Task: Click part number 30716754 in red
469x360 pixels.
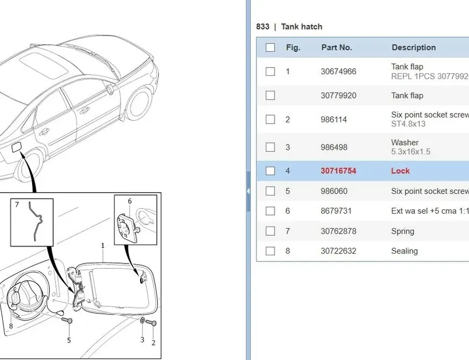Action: pyautogui.click(x=338, y=171)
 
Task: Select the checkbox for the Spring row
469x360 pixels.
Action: pyautogui.click(x=270, y=231)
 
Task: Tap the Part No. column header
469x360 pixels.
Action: pyautogui.click(x=336, y=48)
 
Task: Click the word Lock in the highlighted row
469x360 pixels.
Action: pyautogui.click(x=400, y=171)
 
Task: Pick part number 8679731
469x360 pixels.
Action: pyautogui.click(x=336, y=211)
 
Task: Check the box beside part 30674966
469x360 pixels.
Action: pyautogui.click(x=270, y=71)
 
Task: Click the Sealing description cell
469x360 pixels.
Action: pyautogui.click(x=404, y=251)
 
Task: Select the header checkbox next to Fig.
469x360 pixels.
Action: pyautogui.click(x=270, y=48)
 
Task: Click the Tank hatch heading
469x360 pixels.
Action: pyautogui.click(x=301, y=27)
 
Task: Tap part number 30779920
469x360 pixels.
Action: pyautogui.click(x=338, y=95)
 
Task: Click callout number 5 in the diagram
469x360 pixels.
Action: pyautogui.click(x=69, y=340)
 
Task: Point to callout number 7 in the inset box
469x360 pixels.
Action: pyautogui.click(x=17, y=204)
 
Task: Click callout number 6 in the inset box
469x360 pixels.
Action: pyautogui.click(x=130, y=201)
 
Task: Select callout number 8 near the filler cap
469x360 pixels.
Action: pyautogui.click(x=11, y=326)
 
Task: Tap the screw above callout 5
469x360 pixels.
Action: pyautogui.click(x=67, y=321)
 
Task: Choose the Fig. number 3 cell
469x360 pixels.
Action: pyautogui.click(x=287, y=147)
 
